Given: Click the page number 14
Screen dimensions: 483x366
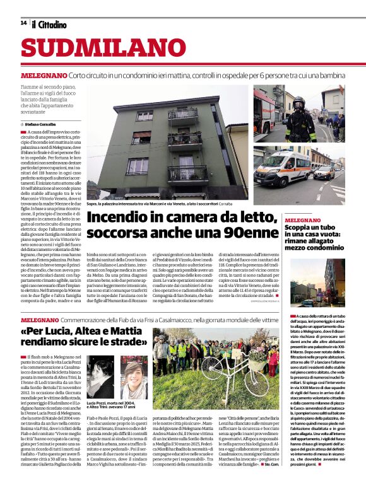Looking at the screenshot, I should (23, 23).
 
